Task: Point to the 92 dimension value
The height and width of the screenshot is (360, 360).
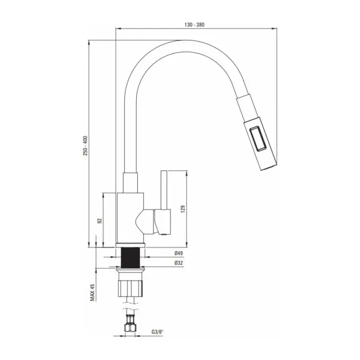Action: pyautogui.click(x=100, y=220)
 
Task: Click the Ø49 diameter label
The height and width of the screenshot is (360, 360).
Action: pyautogui.click(x=178, y=253)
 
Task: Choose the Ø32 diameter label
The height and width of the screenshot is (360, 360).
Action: pyautogui.click(x=178, y=263)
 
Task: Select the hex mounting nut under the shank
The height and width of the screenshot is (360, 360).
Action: pyautogui.click(x=133, y=286)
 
